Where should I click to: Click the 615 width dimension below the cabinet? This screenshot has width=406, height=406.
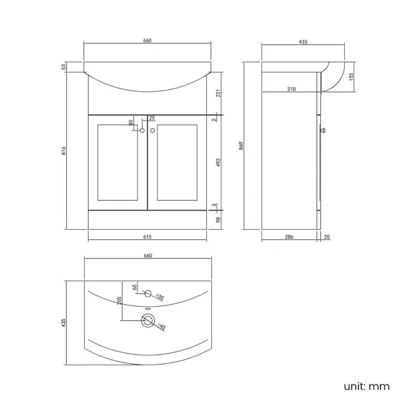(x=147, y=237)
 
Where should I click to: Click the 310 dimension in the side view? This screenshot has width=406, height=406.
(x=291, y=89)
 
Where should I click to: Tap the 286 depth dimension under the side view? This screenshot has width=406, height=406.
(x=290, y=237)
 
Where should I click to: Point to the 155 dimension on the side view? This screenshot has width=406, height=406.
(x=352, y=76)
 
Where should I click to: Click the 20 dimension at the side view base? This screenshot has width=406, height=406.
(x=327, y=237)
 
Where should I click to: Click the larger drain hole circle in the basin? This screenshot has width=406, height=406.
(x=148, y=321)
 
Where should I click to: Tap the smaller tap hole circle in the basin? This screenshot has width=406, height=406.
(x=148, y=293)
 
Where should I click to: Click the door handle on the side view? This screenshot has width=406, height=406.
(x=322, y=130)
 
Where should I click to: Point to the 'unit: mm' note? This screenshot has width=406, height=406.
(x=366, y=386)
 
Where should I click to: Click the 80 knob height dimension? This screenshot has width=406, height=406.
(x=131, y=123)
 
